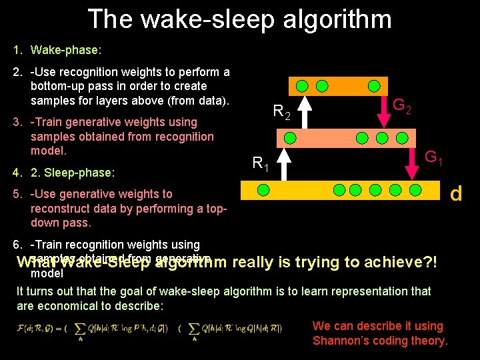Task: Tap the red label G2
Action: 401,105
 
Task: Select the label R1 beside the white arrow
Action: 260,163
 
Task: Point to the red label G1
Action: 435,158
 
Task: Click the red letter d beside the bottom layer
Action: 456,193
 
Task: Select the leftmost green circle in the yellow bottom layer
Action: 263,191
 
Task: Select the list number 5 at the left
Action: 17,194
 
